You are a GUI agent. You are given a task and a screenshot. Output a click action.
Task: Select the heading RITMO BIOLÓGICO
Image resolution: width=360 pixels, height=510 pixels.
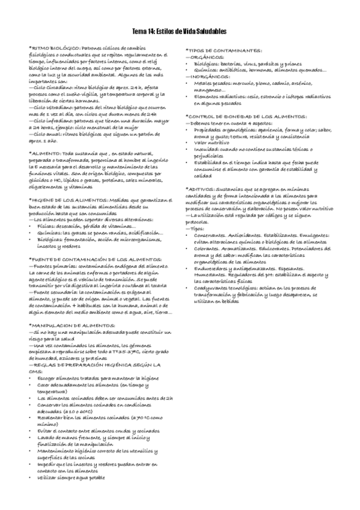pos(55,47)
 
